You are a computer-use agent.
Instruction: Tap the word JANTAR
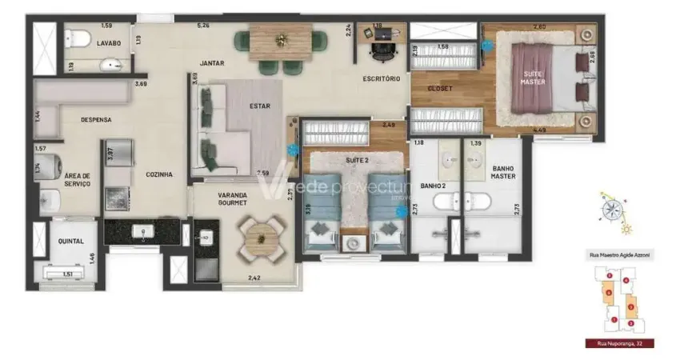click(212, 62)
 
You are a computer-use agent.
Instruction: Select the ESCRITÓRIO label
click(380, 78)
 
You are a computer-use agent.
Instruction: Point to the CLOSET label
click(441, 88)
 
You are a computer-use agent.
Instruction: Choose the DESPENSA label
click(95, 120)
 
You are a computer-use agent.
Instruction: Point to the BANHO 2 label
click(434, 186)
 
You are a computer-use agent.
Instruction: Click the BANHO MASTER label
click(503, 172)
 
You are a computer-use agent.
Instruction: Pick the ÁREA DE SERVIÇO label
click(77, 179)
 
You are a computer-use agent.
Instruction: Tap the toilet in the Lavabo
click(78, 37)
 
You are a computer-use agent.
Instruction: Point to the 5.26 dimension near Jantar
click(205, 25)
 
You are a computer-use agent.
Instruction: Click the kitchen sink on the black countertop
click(144, 231)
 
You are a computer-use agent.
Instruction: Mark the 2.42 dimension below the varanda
click(254, 278)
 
